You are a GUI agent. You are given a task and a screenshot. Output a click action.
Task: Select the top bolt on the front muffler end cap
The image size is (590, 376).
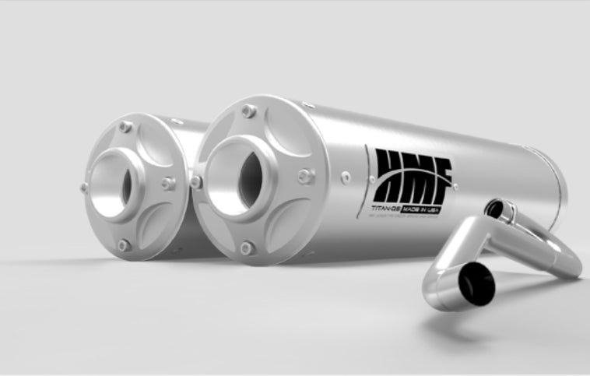pyautogui.click(x=249, y=111)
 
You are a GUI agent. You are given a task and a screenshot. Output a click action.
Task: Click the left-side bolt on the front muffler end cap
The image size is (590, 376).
pyautogui.click(x=196, y=181)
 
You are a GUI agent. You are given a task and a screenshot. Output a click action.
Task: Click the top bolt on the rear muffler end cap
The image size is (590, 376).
pyautogui.click(x=125, y=126)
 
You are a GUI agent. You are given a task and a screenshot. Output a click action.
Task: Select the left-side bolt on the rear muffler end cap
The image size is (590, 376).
pyautogui.click(x=84, y=188)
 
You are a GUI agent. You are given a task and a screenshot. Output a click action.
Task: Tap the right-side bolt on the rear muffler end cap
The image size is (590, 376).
pyautogui.click(x=168, y=183)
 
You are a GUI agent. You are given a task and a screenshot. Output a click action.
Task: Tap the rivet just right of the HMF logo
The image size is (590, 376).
pyautogui.click(x=455, y=187)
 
